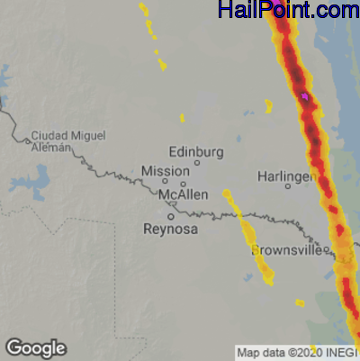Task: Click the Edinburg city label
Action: pyautogui.click(x=196, y=151)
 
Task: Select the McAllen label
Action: pyautogui.click(x=183, y=194)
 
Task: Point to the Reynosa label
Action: pyautogui.click(x=170, y=230)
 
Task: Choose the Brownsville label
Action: pyautogui.click(x=287, y=249)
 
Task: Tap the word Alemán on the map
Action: pyautogui.click(x=50, y=148)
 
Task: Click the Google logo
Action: pyautogui.click(x=35, y=348)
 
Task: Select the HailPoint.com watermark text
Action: pyautogui.click(x=288, y=11)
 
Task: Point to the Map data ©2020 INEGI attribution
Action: pyautogui.click(x=297, y=353)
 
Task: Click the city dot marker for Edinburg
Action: pyautogui.click(x=196, y=163)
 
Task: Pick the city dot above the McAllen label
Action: pyautogui.click(x=183, y=184)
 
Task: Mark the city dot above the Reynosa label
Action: pyautogui.click(x=170, y=216)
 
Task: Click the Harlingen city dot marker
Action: pyautogui.click(x=288, y=186)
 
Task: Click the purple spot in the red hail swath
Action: pyautogui.click(x=305, y=95)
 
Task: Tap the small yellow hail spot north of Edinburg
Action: pyautogui.click(x=183, y=117)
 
